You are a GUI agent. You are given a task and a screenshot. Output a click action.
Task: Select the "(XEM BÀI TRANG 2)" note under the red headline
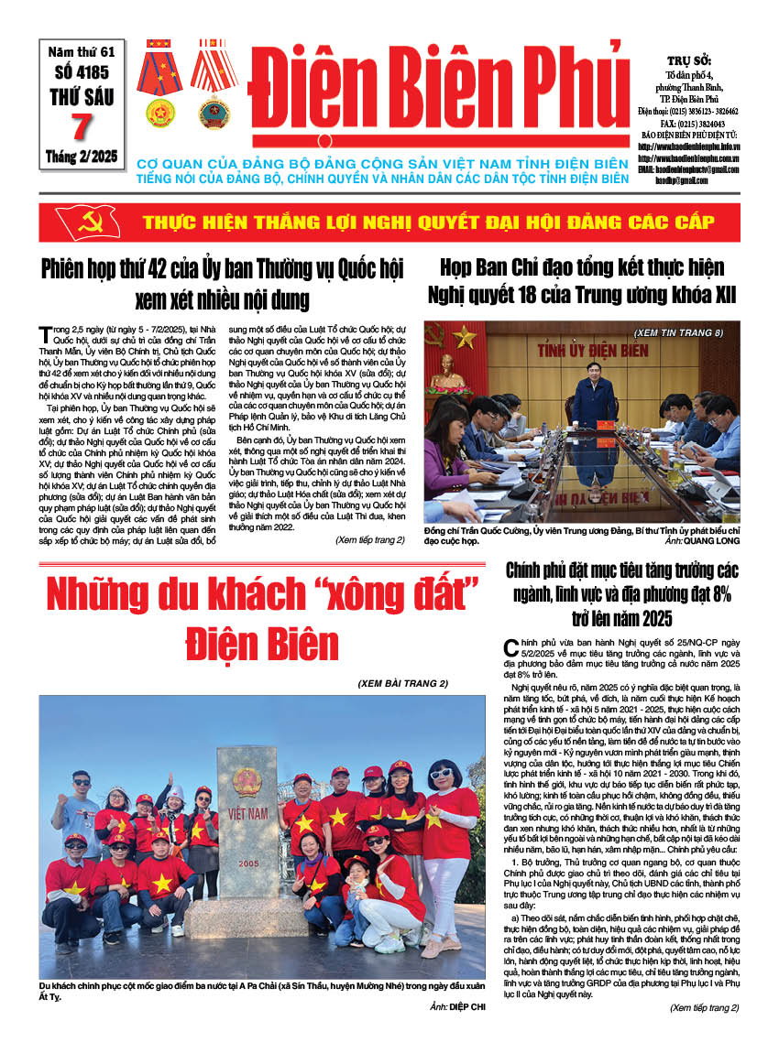coord(402,683)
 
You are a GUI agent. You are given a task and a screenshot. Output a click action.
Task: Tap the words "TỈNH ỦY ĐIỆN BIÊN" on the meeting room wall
coord(582,353)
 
